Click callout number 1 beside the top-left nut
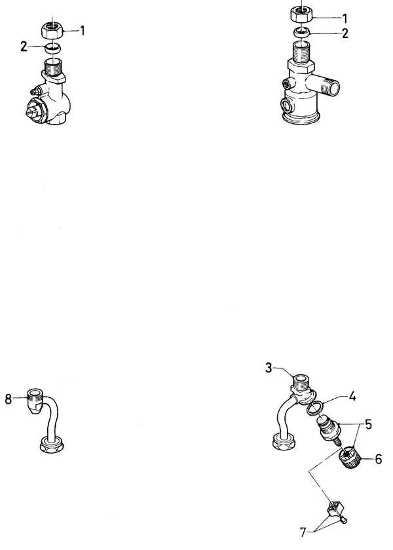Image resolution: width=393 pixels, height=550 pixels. point(83,31)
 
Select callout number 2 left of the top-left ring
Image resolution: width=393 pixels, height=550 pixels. point(24,47)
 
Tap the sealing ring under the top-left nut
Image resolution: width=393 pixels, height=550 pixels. point(53,48)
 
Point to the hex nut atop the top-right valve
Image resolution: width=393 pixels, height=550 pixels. point(301,14)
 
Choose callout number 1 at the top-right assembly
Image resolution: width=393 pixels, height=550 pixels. point(345,18)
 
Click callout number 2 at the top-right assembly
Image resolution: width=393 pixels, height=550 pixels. point(345,33)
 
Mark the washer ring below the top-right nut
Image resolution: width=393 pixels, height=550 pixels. point(302,32)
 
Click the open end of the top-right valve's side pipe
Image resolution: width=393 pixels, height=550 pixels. point(334,88)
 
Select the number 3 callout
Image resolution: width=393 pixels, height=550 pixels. point(269,368)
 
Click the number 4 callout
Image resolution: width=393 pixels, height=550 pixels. point(352,397)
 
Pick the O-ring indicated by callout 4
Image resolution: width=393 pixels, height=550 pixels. point(315,408)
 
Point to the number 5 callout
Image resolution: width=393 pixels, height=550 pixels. point(368,424)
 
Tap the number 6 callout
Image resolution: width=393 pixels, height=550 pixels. point(379,459)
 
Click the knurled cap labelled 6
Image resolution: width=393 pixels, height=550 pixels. point(350,458)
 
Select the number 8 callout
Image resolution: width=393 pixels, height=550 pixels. point(8,399)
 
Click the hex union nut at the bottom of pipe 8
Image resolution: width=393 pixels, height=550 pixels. point(52,444)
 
